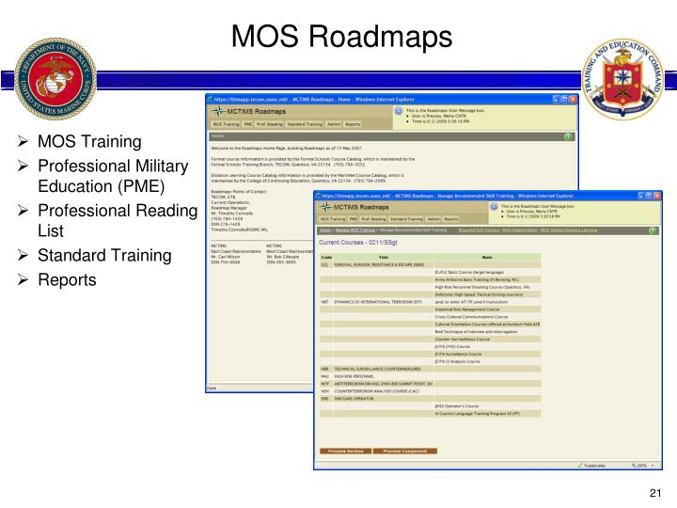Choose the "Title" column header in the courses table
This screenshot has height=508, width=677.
coord(383,257)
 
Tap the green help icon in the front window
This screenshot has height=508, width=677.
coord(653,230)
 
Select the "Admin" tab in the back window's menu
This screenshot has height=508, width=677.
coord(332,124)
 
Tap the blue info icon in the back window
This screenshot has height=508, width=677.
coord(398,110)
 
